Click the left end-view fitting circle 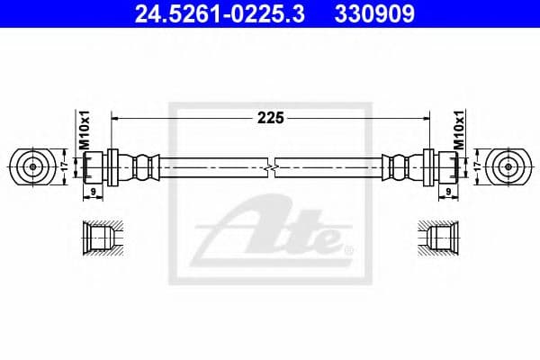[x=32, y=166]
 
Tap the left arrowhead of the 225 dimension [x=114, y=117]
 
